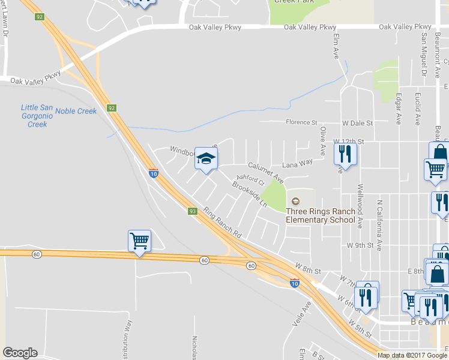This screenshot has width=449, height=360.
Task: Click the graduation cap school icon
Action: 206,159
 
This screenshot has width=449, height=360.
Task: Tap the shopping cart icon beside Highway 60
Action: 139,242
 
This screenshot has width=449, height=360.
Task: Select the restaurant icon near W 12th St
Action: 345,154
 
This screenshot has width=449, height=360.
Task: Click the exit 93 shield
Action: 193,211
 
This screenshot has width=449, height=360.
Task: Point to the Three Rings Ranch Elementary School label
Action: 321,215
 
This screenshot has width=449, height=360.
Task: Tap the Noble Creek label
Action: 76,111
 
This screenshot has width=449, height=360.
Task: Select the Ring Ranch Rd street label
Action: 221,223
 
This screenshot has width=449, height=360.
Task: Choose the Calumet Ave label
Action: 266,172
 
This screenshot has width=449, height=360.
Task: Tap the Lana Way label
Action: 298,162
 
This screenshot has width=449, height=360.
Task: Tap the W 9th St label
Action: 360,245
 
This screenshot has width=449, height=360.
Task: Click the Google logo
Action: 20,353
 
